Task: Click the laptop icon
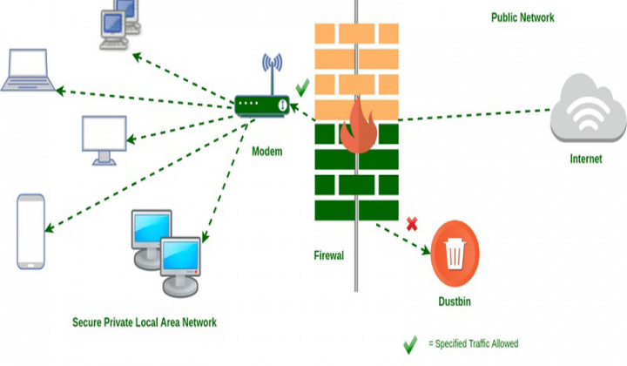pyautogui.click(x=30, y=71)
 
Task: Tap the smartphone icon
pyautogui.click(x=31, y=230)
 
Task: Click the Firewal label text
pyautogui.click(x=329, y=255)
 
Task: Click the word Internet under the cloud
pyautogui.click(x=585, y=159)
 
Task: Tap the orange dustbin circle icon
pyautogui.click(x=455, y=254)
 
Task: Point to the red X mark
pyautogui.click(x=412, y=224)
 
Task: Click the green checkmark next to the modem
pyautogui.click(x=302, y=87)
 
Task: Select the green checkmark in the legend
pyautogui.click(x=409, y=344)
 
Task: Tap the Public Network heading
pyautogui.click(x=522, y=17)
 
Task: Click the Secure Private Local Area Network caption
pyautogui.click(x=144, y=322)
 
